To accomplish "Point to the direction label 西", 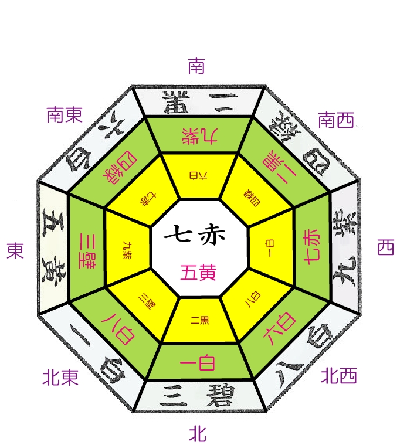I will pos(385,248).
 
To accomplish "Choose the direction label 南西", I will pos(336,121).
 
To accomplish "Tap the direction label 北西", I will pos(339,376).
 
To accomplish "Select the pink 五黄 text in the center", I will pos(198,272).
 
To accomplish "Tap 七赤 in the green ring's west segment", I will pos(310,247).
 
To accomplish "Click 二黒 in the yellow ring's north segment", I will pos(199,320).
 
